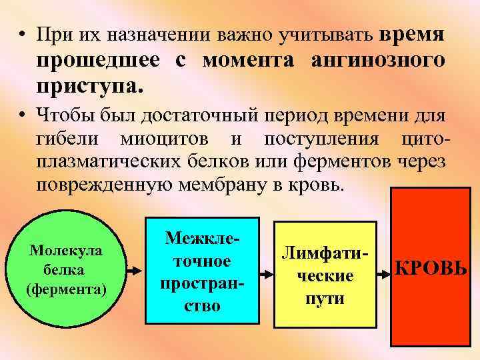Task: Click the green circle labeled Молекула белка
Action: [x=65, y=270]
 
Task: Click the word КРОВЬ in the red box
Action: [x=431, y=270]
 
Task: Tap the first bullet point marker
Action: [x=23, y=34]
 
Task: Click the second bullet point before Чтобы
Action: [x=23, y=117]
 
